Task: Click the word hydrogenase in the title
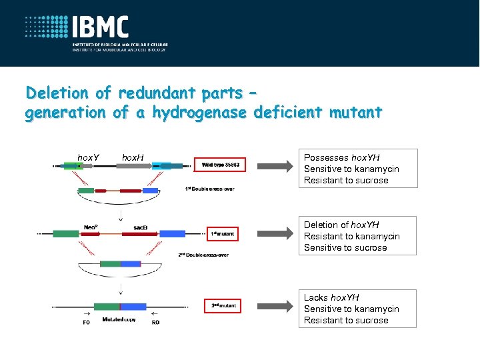pos(199,113)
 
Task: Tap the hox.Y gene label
pos(89,157)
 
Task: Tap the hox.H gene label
pos(133,157)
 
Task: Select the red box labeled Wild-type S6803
pos(220,164)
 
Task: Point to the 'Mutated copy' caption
pos(119,320)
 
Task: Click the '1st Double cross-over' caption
pos(209,189)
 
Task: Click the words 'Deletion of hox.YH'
pos(341,225)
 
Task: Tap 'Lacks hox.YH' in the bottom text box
pos(331,297)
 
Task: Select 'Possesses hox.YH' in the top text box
pos(341,158)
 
